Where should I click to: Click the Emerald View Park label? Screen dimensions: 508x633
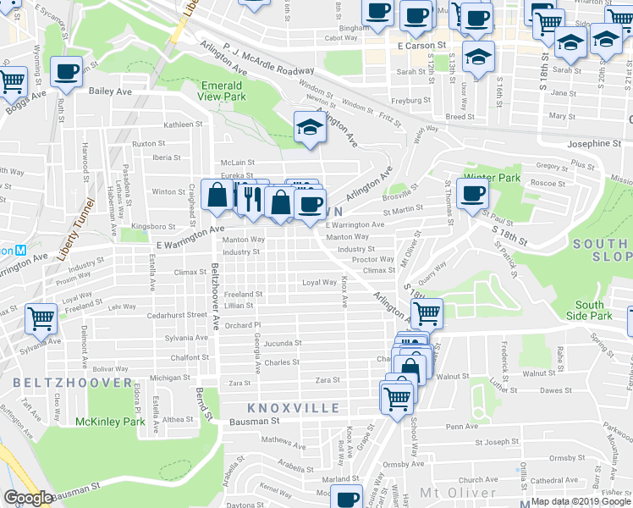tap(222, 91)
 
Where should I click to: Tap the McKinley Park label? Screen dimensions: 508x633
tap(110, 421)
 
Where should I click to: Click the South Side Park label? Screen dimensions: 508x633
tap(590, 310)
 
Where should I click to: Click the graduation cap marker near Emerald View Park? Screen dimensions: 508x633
tap(310, 129)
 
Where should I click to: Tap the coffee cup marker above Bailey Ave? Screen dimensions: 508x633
tap(66, 72)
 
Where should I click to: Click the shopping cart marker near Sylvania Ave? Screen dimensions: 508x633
tap(41, 319)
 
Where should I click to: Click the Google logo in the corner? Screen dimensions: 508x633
tap(28, 497)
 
